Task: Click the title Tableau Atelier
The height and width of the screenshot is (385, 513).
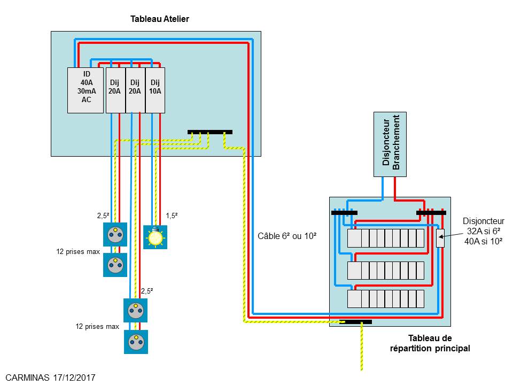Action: click(x=160, y=19)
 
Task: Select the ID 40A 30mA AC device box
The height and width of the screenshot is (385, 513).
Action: click(x=85, y=90)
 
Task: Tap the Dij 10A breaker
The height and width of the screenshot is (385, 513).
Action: click(x=155, y=90)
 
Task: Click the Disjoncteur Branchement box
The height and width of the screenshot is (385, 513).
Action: click(x=389, y=144)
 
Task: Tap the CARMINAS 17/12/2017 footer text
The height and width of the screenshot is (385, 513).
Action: click(x=51, y=378)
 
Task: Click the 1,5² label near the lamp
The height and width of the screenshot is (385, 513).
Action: click(x=172, y=215)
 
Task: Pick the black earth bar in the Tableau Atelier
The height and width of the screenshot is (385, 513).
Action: click(x=210, y=132)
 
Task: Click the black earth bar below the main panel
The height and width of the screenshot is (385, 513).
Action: click(x=358, y=322)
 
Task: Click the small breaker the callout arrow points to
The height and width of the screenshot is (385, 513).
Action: click(x=440, y=238)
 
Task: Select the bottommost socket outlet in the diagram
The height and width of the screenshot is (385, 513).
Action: click(x=136, y=341)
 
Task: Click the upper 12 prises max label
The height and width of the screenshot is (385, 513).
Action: click(x=79, y=251)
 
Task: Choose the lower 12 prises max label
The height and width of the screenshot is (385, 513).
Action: click(x=97, y=326)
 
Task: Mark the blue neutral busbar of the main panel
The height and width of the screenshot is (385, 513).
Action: click(x=344, y=213)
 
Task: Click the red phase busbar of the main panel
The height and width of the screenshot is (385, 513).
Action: click(x=431, y=213)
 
